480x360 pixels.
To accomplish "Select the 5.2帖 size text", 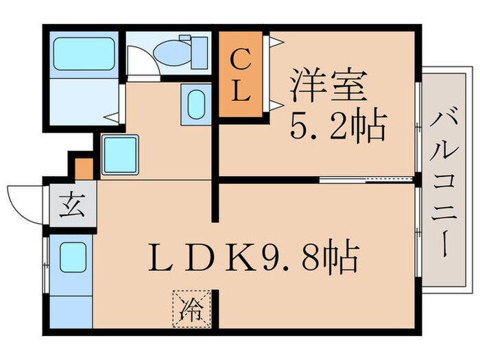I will (338, 126).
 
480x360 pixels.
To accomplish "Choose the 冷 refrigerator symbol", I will (191, 308).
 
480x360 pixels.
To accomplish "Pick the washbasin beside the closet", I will (195, 105).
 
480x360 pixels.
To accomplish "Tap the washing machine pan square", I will (120, 154).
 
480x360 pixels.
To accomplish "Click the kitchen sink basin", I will (71, 258).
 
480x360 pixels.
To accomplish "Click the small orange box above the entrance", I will (84, 168).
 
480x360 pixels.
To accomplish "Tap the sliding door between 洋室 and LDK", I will (366, 180).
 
